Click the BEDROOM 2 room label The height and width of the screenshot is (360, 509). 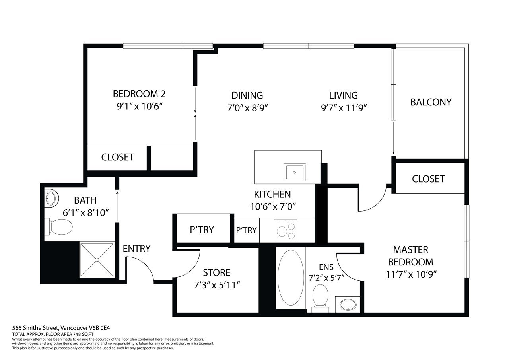click(139, 94)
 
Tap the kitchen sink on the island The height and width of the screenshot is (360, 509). click(295, 172)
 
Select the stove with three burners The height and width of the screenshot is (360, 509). click(286, 230)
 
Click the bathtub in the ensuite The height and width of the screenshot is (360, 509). click(291, 278)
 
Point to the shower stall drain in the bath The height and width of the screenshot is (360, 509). click(97, 260)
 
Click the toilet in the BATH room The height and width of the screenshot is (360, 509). click(58, 227)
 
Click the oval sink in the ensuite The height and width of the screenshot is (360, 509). click(348, 305)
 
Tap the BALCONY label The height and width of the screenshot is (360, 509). click(431, 102)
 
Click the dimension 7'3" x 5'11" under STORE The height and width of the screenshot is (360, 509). click(217, 285)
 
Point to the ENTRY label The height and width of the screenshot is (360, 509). click(136, 249)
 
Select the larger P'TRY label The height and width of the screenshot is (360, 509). click(202, 230)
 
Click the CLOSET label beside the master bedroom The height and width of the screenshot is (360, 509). click(428, 179)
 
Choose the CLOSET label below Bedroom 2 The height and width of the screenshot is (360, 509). click(117, 157)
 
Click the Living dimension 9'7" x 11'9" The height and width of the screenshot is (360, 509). click(344, 108)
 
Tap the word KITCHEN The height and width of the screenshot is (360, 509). click(272, 194)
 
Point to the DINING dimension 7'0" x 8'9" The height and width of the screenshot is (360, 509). click(248, 108)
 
